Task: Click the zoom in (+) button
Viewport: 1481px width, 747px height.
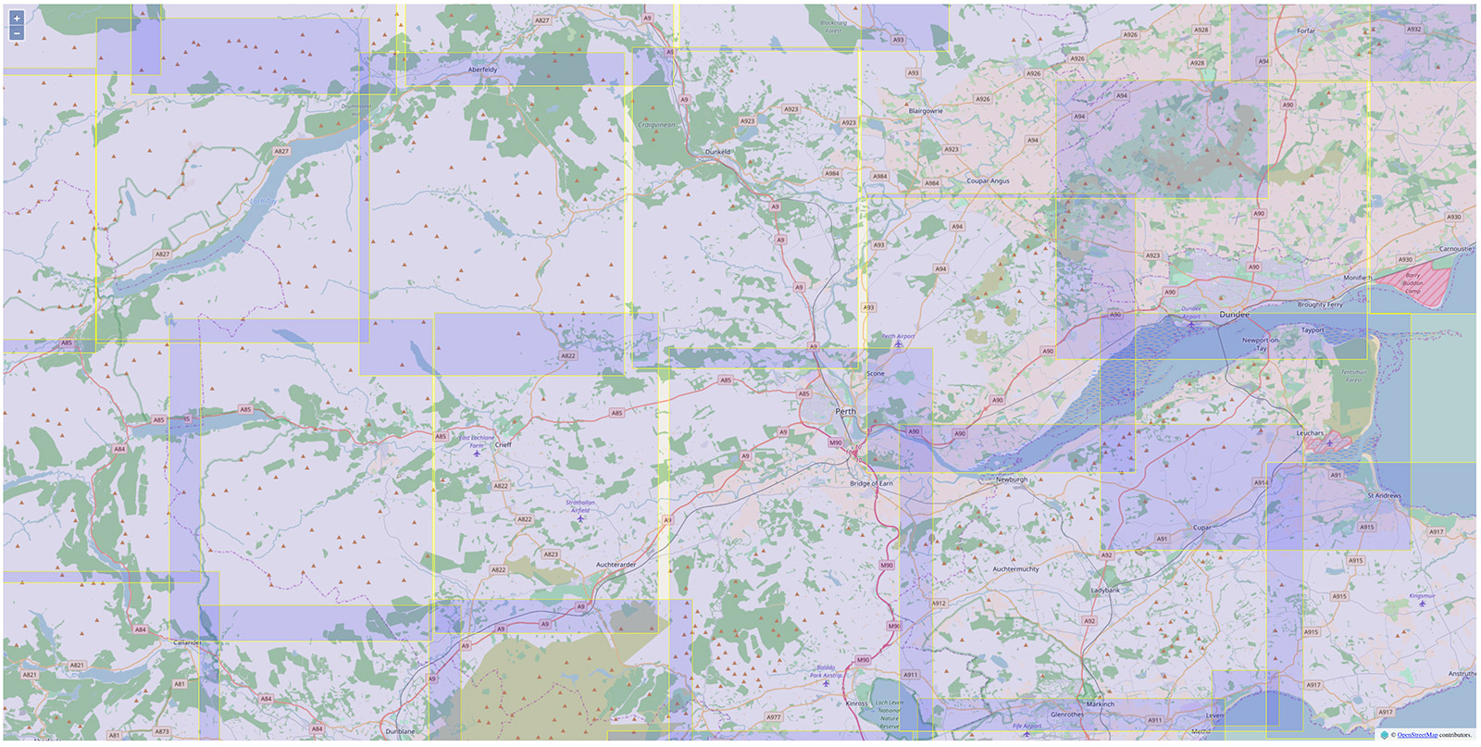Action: coord(17,18)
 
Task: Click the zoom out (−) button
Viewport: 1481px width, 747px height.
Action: coord(17,33)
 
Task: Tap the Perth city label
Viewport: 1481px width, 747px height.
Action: coord(845,411)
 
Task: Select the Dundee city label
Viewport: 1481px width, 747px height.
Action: coord(1234,315)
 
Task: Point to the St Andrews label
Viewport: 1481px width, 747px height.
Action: coord(1384,495)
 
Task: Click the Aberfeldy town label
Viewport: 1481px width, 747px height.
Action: coord(482,69)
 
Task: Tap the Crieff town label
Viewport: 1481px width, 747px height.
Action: coord(503,444)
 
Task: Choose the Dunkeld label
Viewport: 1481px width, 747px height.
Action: coord(717,152)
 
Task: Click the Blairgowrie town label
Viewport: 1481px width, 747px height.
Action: coord(926,110)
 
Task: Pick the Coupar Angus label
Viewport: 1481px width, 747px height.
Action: coord(988,181)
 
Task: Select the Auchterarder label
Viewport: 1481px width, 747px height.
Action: coord(616,565)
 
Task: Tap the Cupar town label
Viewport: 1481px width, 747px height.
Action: coord(1201,528)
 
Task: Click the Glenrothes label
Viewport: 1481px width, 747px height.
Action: coord(1067,715)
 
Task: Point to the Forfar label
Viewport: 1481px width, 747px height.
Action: coord(1305,31)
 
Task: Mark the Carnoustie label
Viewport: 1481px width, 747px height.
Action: coord(1455,249)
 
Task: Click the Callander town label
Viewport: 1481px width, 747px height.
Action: coord(188,642)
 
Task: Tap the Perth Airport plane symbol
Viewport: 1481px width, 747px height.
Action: coord(898,345)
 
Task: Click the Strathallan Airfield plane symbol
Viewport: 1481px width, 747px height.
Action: coord(580,518)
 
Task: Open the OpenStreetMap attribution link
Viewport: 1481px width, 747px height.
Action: coord(1416,735)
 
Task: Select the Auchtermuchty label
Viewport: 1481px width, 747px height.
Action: coord(1015,569)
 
